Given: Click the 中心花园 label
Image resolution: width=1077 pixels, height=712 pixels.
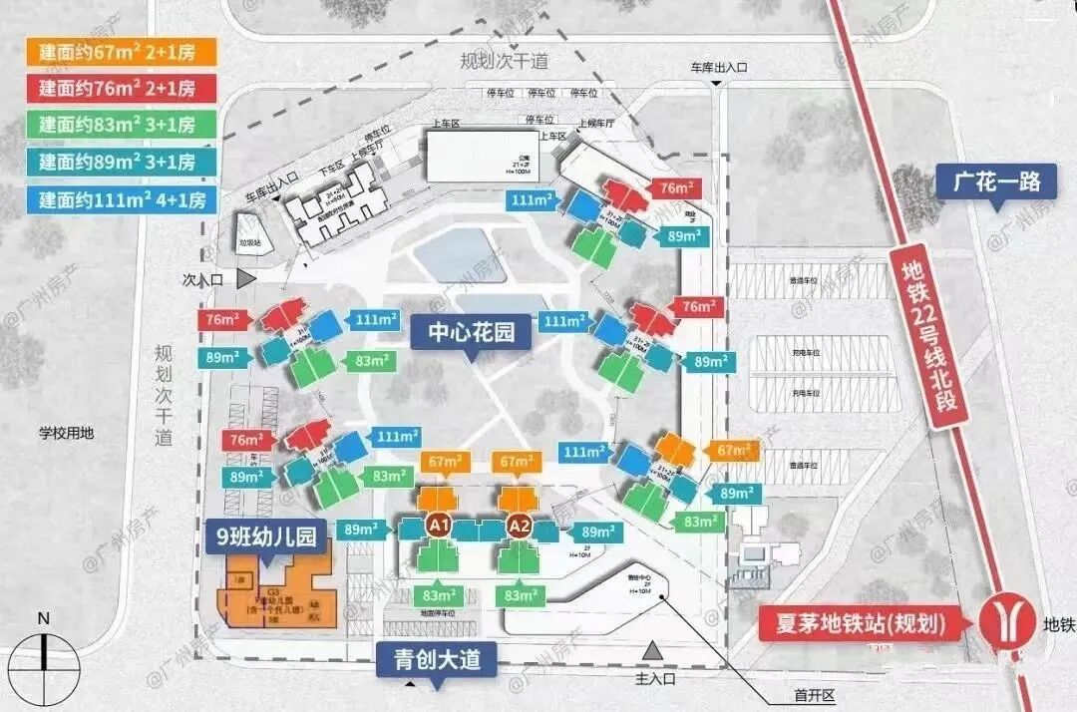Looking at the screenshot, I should pos(471,332).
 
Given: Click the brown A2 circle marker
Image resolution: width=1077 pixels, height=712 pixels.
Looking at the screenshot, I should pos(519,525).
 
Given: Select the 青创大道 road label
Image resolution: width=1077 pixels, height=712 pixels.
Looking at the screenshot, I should pos(436,659).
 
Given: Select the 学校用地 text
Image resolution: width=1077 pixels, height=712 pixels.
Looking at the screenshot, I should pos(66,434).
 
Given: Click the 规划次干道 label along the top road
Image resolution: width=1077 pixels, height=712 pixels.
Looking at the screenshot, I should pos(504,62).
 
